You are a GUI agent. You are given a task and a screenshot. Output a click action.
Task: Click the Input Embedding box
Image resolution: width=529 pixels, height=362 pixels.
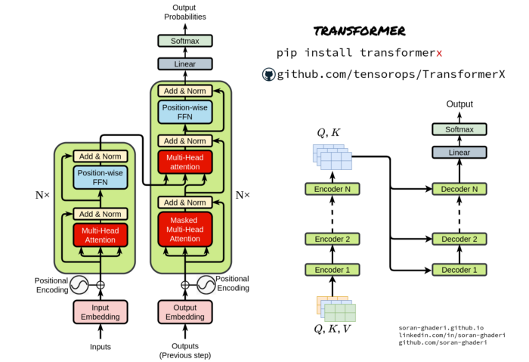[x=101, y=312]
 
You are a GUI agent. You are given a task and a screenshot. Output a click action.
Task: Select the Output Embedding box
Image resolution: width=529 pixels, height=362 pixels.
[x=184, y=312]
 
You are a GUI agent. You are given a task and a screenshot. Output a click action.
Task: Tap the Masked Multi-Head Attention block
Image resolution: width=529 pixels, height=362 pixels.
[x=184, y=229]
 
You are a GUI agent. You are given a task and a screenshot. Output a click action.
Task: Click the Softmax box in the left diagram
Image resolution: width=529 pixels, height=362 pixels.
[x=184, y=41]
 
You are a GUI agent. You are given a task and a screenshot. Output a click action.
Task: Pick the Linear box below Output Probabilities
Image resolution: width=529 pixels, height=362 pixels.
[x=184, y=64]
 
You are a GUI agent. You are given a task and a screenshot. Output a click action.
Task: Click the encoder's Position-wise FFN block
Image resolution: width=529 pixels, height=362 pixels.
[x=101, y=178]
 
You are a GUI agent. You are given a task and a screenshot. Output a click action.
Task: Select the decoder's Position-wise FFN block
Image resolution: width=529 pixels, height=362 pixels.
[x=184, y=113]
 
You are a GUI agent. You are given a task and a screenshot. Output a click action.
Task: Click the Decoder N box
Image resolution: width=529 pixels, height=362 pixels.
[x=459, y=189]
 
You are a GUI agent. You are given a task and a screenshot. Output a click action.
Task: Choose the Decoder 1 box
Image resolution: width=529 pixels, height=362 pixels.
[x=459, y=269]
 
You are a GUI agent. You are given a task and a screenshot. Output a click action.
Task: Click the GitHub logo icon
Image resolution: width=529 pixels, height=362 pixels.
[x=268, y=74]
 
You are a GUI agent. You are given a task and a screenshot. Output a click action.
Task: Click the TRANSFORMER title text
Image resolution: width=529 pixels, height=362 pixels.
[x=359, y=32]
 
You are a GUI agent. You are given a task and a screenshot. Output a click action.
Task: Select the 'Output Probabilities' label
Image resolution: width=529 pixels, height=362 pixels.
[x=184, y=11]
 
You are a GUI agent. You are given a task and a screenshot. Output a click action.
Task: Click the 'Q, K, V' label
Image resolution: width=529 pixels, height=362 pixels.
[x=332, y=329]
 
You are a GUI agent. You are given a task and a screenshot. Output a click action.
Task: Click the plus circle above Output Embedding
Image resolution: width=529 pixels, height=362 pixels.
[x=184, y=286]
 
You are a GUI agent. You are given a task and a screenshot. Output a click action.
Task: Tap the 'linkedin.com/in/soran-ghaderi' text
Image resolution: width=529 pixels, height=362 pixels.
[x=452, y=335]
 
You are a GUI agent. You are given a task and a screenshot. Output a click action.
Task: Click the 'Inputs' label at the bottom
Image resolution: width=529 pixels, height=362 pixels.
[x=101, y=347]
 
